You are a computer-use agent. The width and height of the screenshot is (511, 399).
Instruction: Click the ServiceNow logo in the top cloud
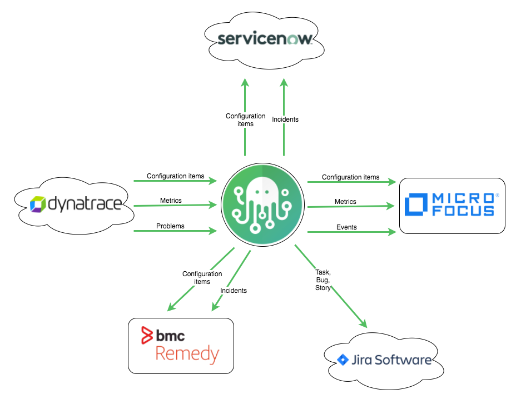[x=265, y=38]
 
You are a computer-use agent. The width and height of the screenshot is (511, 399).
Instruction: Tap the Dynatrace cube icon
[x=38, y=204]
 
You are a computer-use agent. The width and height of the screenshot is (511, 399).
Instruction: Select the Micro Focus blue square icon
[x=416, y=204]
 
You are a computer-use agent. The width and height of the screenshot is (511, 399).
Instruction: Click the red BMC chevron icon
[x=147, y=336]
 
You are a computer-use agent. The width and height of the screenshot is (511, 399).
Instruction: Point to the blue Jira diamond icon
[x=343, y=360]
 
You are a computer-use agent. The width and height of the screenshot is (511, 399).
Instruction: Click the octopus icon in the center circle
[x=262, y=205]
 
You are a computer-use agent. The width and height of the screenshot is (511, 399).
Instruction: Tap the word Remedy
[x=187, y=355]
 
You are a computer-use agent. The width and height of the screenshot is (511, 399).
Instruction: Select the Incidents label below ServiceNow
[x=285, y=119]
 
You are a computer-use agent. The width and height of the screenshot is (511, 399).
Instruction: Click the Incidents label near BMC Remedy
[x=234, y=291]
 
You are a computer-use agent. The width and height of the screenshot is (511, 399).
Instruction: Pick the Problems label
[x=170, y=226]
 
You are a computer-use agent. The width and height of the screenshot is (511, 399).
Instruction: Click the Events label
[x=346, y=227]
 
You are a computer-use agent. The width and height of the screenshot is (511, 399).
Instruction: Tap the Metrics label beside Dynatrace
[x=171, y=201]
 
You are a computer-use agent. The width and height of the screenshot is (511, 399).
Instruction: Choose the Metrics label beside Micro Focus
[x=345, y=202]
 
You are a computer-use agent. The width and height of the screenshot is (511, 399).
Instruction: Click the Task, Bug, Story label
[x=323, y=280]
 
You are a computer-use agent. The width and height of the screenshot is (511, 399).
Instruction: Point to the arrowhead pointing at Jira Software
[x=364, y=323]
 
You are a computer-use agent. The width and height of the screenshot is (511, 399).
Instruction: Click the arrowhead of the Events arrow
[x=392, y=232]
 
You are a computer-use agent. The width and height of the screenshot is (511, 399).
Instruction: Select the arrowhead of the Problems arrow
[x=213, y=231]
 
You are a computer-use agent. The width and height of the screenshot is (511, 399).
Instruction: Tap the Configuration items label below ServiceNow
[x=245, y=120]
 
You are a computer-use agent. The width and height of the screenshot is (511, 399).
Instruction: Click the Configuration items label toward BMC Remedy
[x=202, y=278]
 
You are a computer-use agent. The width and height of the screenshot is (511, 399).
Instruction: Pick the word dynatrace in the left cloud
[x=85, y=205]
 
